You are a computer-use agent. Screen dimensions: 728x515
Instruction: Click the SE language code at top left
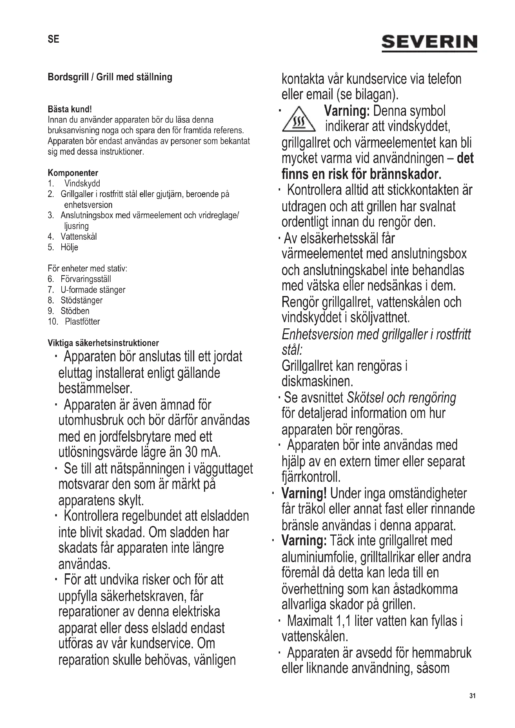point(53,39)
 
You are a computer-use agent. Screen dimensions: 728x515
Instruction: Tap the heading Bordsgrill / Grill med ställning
point(110,77)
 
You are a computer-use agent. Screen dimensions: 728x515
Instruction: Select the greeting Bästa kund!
point(70,109)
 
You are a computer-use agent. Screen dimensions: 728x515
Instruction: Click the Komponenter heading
point(73,173)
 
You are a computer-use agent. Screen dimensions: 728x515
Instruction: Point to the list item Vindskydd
point(82,184)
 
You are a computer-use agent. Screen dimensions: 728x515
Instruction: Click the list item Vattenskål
point(79,237)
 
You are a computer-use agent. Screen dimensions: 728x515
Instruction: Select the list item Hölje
point(69,247)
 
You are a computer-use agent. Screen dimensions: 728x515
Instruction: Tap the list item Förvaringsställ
point(86,279)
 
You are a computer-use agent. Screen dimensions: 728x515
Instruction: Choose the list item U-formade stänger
point(93,290)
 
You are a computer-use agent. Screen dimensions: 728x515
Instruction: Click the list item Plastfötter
point(83,322)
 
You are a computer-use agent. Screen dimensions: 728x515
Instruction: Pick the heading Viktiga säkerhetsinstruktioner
point(103,343)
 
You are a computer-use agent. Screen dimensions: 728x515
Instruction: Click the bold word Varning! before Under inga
point(304,494)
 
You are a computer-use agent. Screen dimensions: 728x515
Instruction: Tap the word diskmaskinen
point(317,381)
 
